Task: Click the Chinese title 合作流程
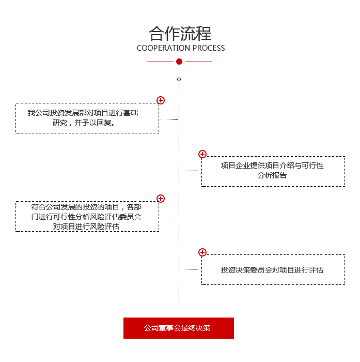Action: click(180, 34)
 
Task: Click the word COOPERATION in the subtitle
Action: click(164, 48)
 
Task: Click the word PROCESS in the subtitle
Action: click(209, 48)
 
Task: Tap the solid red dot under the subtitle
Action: click(179, 62)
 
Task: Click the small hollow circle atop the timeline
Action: click(179, 80)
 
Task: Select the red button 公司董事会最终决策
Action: click(179, 328)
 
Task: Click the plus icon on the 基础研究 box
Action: click(161, 100)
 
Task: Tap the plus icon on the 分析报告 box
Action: click(202, 154)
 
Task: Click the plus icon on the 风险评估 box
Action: click(161, 199)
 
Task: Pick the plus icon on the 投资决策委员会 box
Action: click(202, 252)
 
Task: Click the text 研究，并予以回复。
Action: click(84, 123)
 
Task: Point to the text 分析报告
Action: click(272, 175)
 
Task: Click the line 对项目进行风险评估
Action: click(86, 227)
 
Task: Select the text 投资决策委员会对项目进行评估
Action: click(272, 270)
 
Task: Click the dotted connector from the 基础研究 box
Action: click(169, 119)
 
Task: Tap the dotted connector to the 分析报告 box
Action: click(189, 171)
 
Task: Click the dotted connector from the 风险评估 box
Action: click(169, 218)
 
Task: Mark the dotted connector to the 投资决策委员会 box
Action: click(189, 269)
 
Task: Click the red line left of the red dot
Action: click(160, 62)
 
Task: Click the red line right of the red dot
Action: click(198, 62)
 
